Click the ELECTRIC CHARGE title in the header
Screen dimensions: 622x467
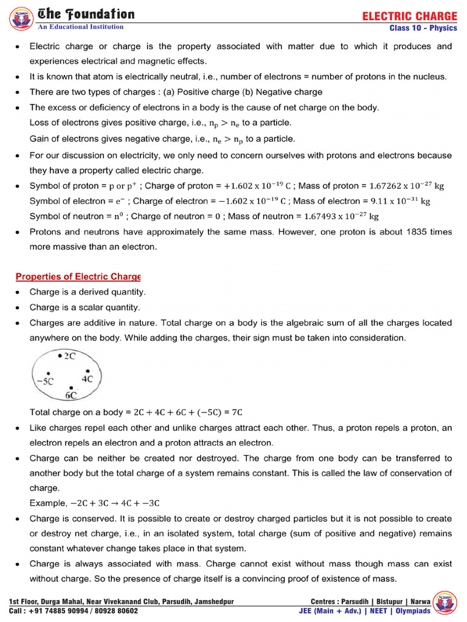pyautogui.click(x=410, y=16)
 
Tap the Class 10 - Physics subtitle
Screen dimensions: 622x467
pyautogui.click(x=423, y=29)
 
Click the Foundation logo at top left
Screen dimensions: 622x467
pyautogui.click(x=21, y=18)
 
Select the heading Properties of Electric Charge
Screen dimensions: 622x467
pyautogui.click(x=78, y=276)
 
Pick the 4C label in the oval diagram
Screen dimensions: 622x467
pyautogui.click(x=87, y=378)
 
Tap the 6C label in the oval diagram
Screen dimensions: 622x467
pyautogui.click(x=71, y=395)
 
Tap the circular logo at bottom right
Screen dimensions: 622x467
pyautogui.click(x=448, y=601)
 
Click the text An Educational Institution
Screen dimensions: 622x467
pyautogui.click(x=81, y=27)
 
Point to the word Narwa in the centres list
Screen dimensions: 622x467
pyautogui.click(x=420, y=602)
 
